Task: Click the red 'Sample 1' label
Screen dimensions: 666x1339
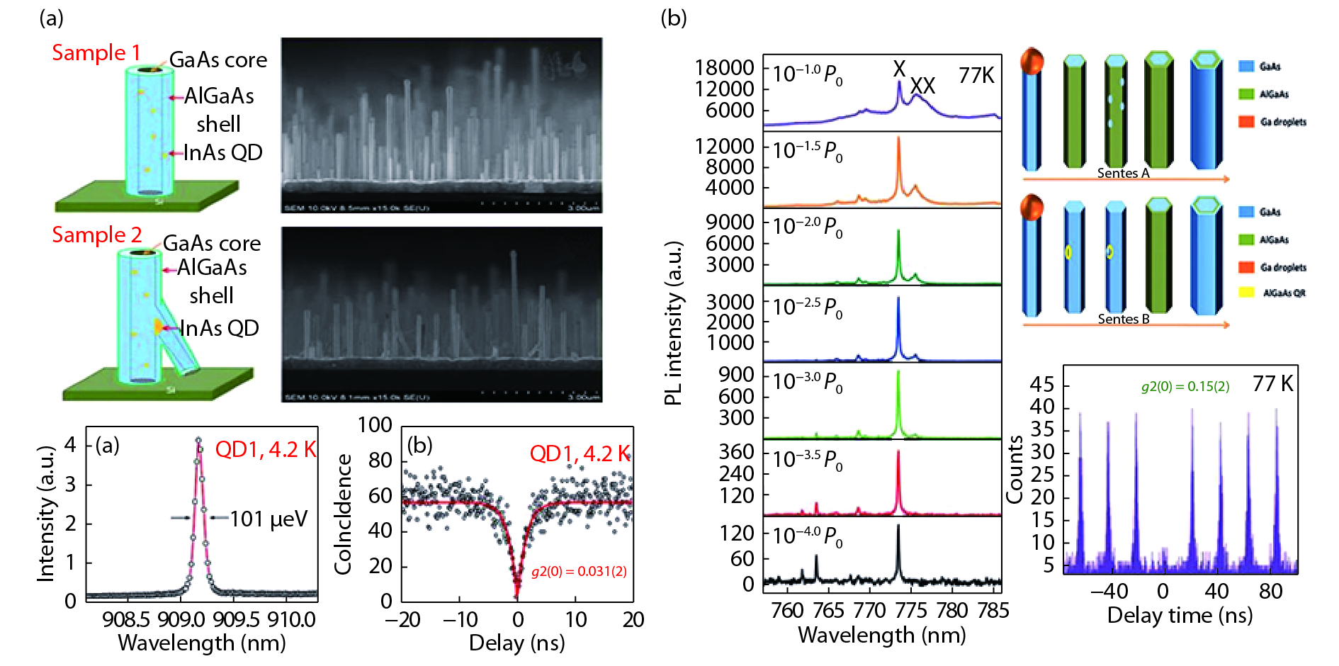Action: coord(96,52)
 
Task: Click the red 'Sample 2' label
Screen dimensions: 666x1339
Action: coord(96,235)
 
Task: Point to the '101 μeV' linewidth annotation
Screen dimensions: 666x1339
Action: coord(269,519)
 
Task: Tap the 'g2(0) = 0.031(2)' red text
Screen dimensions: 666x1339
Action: coord(579,571)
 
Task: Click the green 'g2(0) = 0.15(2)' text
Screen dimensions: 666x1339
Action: coord(1185,386)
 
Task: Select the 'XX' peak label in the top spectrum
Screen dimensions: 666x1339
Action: coord(922,86)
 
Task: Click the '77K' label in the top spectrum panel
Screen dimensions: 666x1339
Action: coord(976,75)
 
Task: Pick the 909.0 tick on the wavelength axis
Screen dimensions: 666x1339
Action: coord(181,619)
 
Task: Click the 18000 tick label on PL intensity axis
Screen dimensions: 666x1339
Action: coord(724,67)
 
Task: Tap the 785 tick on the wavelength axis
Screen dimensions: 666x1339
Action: coord(993,610)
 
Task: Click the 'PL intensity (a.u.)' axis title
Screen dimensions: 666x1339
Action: coord(673,323)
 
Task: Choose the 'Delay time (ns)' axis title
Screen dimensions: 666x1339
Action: coord(1180,615)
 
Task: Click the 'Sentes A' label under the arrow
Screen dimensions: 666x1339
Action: coord(1123,173)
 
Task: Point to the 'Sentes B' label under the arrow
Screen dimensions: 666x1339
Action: coord(1123,319)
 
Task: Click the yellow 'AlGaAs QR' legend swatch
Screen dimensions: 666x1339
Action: coord(1246,292)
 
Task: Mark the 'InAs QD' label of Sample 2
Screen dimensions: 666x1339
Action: coord(219,328)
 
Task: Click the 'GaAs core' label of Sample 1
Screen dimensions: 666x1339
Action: coord(217,60)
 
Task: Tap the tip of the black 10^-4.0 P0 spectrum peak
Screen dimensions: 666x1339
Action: coord(898,526)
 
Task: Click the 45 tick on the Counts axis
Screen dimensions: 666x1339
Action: coord(1041,384)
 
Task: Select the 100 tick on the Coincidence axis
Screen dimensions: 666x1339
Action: coord(375,424)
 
